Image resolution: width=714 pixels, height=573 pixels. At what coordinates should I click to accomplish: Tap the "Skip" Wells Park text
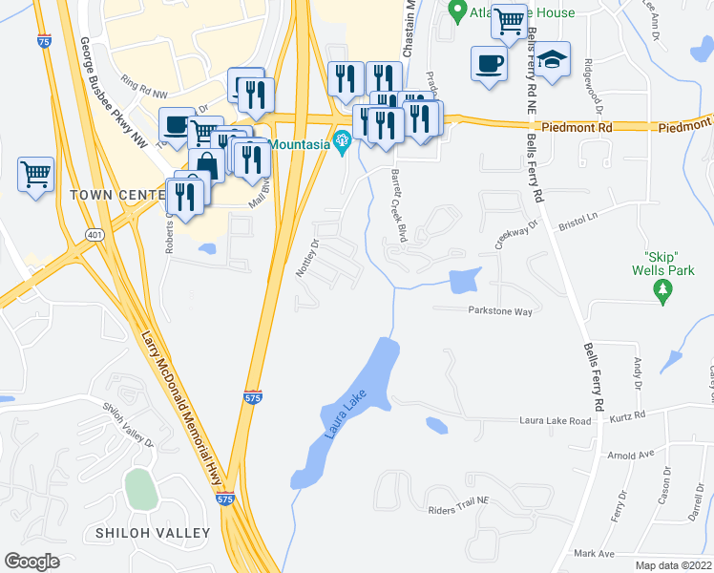[666, 264]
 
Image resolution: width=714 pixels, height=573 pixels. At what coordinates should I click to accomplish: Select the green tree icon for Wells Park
[666, 297]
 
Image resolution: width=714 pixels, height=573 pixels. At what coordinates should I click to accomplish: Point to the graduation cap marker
[552, 61]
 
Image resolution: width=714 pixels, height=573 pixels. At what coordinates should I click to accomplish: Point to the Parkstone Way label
[499, 310]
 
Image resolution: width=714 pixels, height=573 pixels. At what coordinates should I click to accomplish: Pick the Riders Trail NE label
[458, 511]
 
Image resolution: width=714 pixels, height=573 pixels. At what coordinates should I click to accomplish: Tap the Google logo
[31, 562]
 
